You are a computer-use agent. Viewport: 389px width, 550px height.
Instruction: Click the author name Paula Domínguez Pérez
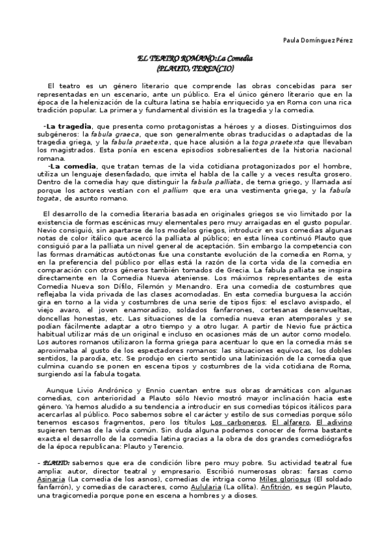(318, 40)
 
